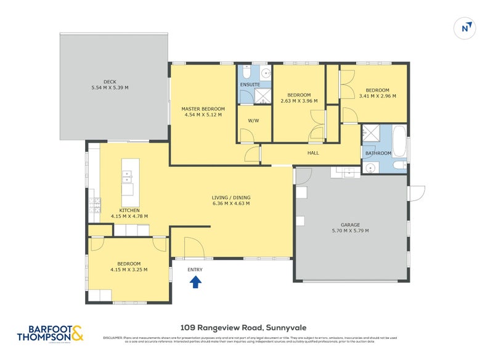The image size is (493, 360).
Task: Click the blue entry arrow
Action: click(x=195, y=282)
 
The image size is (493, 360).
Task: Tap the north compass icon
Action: click(x=467, y=28)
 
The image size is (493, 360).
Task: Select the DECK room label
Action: click(x=110, y=81)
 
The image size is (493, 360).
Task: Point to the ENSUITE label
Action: click(x=250, y=84)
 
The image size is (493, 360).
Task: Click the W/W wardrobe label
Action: click(x=252, y=121)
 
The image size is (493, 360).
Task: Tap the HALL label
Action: click(x=313, y=153)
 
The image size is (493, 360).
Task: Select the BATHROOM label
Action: click(x=378, y=153)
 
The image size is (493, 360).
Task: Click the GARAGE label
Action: click(x=351, y=224)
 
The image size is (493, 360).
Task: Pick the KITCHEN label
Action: click(x=121, y=210)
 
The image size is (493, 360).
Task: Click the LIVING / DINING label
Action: click(x=231, y=197)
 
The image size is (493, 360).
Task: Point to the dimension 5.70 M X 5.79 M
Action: click(x=351, y=231)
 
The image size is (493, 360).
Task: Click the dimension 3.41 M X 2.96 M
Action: click(x=377, y=96)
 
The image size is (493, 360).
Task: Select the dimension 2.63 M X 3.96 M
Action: click(x=299, y=101)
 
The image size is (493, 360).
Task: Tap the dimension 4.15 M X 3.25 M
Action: click(x=129, y=269)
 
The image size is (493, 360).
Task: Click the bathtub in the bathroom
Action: click(x=399, y=141)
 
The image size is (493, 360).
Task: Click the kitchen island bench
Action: click(x=128, y=183)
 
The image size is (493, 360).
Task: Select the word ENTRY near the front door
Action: click(x=195, y=269)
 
